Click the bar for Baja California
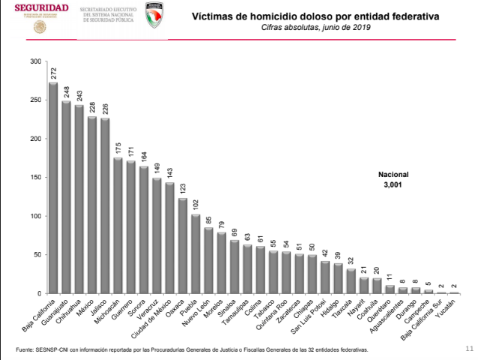53,187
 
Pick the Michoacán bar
118,225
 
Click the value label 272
53,73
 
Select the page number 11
469,348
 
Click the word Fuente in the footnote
25,349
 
